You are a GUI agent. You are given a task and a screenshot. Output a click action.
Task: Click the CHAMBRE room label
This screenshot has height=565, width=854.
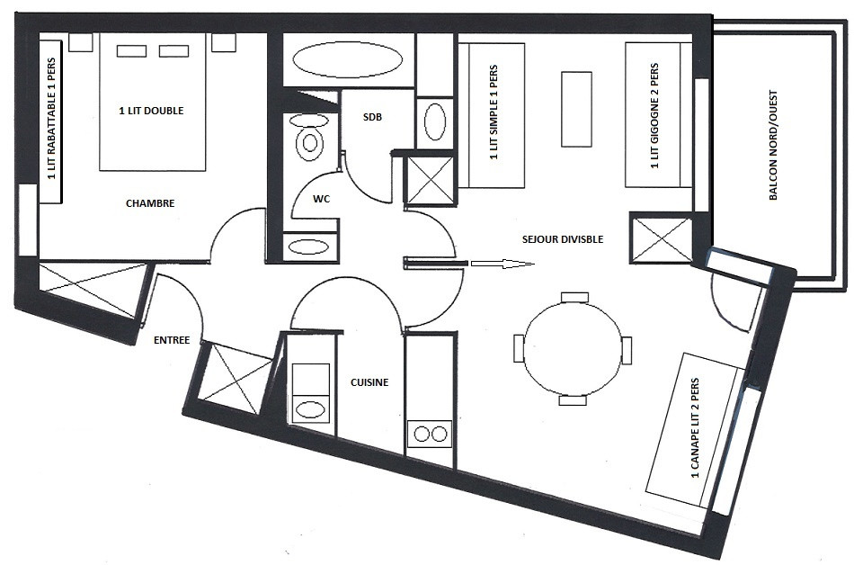(x=150, y=203)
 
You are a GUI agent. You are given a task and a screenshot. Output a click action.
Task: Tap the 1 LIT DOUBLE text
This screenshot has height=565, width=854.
(x=151, y=111)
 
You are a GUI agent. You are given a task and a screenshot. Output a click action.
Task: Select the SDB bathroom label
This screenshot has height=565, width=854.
(x=372, y=117)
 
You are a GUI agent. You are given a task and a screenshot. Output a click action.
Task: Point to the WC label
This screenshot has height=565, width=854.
(x=321, y=199)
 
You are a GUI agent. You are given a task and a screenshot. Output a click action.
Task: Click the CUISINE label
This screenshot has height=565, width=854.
(x=369, y=382)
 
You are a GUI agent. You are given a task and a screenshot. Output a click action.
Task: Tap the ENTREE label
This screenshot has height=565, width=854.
(x=172, y=340)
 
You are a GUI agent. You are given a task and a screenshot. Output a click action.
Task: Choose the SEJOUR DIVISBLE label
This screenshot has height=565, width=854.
(x=563, y=239)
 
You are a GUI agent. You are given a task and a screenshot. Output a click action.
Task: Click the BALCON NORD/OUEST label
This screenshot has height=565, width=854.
(x=773, y=145)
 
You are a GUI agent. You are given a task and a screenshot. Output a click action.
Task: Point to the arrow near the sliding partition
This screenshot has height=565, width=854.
(x=503, y=265)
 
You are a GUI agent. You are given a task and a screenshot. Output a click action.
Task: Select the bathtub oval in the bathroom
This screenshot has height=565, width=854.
(x=348, y=59)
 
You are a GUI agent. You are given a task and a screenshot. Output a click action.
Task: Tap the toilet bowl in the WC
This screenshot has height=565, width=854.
(x=310, y=143)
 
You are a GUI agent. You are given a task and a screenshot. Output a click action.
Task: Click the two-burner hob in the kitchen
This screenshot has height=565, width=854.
(x=431, y=435)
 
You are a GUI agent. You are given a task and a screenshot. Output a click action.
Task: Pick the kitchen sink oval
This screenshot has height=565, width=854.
(x=310, y=409)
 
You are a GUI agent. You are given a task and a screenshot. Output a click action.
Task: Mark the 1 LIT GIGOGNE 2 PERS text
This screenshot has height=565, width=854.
(x=654, y=116)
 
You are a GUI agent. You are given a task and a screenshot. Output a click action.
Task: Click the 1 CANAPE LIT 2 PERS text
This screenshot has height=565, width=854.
(x=694, y=428)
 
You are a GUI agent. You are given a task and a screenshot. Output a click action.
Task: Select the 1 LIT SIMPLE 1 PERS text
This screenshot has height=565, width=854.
(x=494, y=112)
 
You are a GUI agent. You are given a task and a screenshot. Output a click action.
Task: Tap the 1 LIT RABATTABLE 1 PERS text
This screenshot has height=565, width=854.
(x=52, y=118)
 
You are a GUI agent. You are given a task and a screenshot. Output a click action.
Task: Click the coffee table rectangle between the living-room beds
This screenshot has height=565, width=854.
(x=576, y=109)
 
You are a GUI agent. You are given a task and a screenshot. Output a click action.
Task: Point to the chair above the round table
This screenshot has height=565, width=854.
(x=574, y=297)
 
